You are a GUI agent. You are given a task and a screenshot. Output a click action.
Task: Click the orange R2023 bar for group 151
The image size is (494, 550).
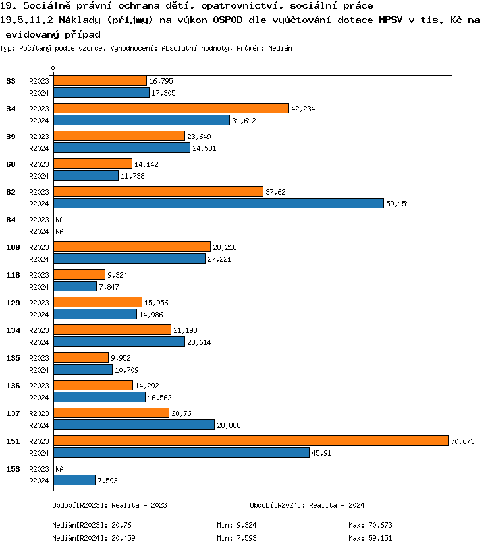[x=250, y=441]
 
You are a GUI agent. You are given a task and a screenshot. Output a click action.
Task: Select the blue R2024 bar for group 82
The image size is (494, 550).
[x=218, y=203]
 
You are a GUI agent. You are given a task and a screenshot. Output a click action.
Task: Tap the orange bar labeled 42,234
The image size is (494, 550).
[x=171, y=108]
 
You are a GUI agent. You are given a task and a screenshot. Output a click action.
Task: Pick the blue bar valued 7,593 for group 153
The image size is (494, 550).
[x=74, y=480]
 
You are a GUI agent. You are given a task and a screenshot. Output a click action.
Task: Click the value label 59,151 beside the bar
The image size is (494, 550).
[x=398, y=204]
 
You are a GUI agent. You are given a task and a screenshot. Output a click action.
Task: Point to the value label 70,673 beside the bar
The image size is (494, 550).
[x=462, y=441]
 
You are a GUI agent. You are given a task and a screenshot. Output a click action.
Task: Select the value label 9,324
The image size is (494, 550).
[x=119, y=274]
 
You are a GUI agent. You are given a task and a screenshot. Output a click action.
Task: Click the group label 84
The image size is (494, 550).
[x=11, y=220]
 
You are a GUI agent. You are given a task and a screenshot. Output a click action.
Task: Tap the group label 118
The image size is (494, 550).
[x=13, y=275]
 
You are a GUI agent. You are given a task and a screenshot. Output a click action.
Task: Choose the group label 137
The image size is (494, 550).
[x=13, y=413]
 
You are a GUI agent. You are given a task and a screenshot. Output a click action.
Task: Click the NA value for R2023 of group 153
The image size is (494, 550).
[x=59, y=469]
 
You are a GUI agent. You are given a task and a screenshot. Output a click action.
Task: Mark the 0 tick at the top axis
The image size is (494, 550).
[x=53, y=68]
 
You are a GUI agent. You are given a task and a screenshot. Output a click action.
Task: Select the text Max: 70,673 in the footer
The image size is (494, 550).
[x=370, y=525]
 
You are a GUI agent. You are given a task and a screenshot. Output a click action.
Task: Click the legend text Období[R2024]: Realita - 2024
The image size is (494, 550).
[x=307, y=505]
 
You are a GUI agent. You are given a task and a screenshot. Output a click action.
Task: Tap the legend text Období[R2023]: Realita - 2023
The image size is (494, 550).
[x=109, y=505]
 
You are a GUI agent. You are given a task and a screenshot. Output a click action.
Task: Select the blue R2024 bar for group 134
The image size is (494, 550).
[x=119, y=342]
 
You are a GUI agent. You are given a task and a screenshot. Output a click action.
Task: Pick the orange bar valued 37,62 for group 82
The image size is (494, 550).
[x=158, y=191]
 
